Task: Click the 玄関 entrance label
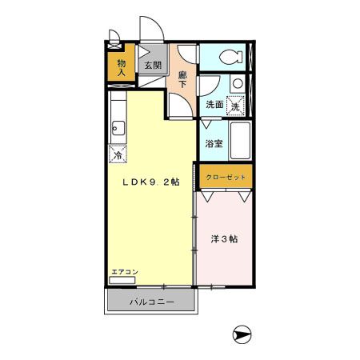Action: point(153,66)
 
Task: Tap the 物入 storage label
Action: point(121,67)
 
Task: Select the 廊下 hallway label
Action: point(182,79)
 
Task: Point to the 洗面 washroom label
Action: point(214,105)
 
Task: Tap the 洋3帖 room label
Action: point(223,239)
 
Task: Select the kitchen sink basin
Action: point(118,126)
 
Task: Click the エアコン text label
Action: point(125,272)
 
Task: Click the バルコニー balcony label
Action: point(151,302)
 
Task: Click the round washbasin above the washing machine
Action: point(237,83)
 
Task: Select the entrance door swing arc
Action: point(153,30)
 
